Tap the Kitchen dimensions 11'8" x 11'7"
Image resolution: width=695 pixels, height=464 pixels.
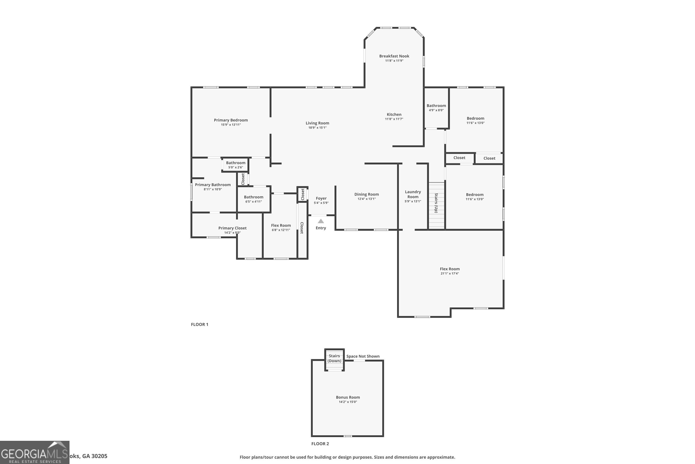[x=394, y=119]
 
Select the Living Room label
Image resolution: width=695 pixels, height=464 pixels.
[x=317, y=123]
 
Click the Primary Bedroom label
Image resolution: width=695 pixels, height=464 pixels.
[x=231, y=120]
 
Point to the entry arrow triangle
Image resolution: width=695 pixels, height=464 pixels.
[x=321, y=221]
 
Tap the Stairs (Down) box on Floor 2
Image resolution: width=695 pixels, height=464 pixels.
[x=335, y=359]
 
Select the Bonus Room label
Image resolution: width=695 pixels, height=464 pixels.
[x=348, y=397]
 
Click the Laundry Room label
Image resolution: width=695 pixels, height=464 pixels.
[x=413, y=194]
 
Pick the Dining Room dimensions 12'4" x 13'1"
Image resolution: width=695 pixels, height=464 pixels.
[x=366, y=199]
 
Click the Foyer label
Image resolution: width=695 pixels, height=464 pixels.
[x=321, y=198]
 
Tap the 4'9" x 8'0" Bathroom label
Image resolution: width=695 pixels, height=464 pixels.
[x=436, y=106]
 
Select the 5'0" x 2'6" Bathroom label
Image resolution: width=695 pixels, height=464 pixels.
[x=236, y=163]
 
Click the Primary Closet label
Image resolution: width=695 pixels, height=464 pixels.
[x=232, y=228]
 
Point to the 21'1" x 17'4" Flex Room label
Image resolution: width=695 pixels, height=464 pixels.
[x=450, y=269]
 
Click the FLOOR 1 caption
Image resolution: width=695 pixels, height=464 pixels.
[x=199, y=324]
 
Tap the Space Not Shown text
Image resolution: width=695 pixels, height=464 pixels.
[x=363, y=356]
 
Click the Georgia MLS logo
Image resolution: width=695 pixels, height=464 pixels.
[x=35, y=452]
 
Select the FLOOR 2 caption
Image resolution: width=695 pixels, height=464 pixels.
[x=320, y=444]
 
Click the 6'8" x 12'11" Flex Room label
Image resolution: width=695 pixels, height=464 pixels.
[x=281, y=225]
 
